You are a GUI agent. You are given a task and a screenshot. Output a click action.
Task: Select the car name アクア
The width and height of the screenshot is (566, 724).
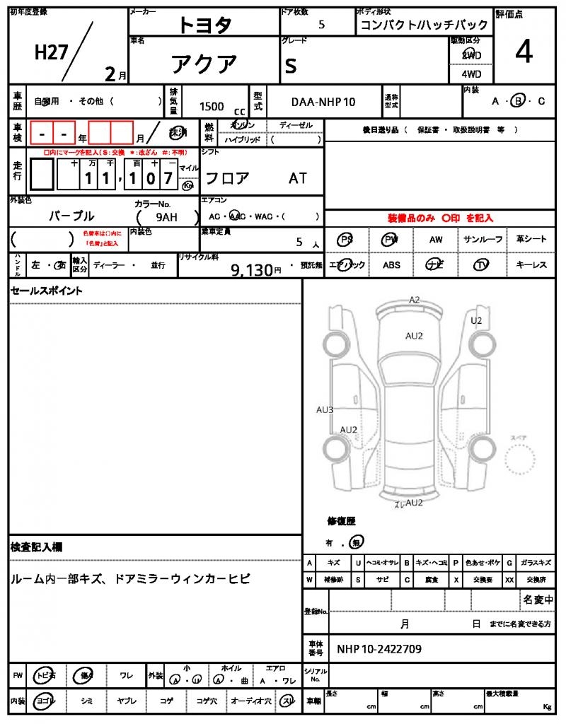[x=204, y=64]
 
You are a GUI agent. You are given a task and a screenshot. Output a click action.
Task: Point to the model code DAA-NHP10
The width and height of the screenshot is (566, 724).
[x=323, y=102]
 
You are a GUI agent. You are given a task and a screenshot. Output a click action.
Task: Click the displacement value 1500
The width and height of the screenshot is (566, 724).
[x=212, y=106]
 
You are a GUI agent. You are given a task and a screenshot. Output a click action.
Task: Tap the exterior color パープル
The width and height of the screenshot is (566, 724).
[x=71, y=216]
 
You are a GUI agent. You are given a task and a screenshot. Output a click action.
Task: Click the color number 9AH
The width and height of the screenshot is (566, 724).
[x=166, y=217]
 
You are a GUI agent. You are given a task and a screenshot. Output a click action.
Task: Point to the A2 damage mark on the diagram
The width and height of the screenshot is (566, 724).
[x=415, y=300]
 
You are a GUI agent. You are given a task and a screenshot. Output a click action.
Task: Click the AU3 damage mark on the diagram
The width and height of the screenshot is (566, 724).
[x=325, y=409]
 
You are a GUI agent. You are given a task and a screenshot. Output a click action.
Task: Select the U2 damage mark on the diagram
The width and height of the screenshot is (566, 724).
[x=476, y=320]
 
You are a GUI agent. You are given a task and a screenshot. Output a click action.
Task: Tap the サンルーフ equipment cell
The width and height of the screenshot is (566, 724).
[x=485, y=240]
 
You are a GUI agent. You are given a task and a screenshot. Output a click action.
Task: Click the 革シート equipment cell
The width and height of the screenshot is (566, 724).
[x=531, y=240]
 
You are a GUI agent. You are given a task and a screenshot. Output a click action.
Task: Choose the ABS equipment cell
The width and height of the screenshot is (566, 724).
[x=391, y=265]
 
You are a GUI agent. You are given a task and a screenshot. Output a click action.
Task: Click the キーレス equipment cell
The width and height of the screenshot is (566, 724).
[x=531, y=265]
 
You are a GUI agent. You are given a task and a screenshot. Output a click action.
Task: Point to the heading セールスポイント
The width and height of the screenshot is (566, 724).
[x=46, y=291]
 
